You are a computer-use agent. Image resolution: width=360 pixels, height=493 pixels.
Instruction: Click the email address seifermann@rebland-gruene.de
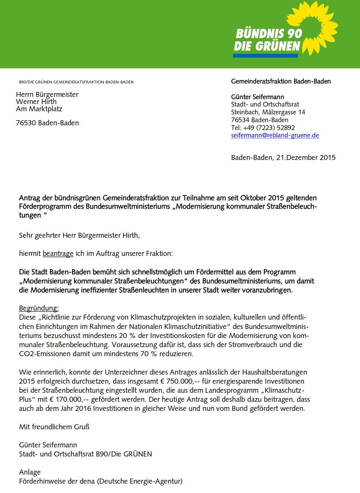pos(275,135)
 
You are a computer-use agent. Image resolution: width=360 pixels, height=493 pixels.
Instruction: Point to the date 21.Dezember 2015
pos(306,157)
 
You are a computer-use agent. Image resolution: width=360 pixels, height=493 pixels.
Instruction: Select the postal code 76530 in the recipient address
pos(26,123)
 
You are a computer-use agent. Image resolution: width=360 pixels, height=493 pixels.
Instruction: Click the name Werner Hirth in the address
pos(36,102)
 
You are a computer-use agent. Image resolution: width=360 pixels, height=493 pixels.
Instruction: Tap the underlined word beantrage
pos(58,253)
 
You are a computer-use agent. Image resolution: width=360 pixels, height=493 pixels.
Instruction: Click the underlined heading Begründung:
pos(39,308)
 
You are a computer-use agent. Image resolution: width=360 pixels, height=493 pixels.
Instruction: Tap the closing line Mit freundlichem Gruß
pos(54,426)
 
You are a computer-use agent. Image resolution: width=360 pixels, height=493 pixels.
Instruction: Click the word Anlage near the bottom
pos(30,472)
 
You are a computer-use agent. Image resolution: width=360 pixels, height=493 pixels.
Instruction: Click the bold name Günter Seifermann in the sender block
pos(258,97)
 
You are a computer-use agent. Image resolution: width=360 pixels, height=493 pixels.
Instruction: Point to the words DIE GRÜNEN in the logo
pos(267,46)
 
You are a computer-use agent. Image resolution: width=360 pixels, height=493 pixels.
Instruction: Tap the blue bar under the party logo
pos(265,55)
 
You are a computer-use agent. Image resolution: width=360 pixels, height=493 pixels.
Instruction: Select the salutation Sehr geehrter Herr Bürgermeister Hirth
pos(79,235)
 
